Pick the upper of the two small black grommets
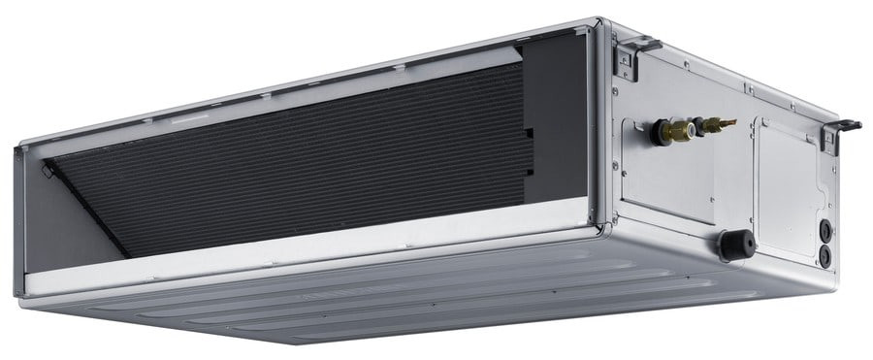coord(825,231)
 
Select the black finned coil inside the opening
coord(291,155)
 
